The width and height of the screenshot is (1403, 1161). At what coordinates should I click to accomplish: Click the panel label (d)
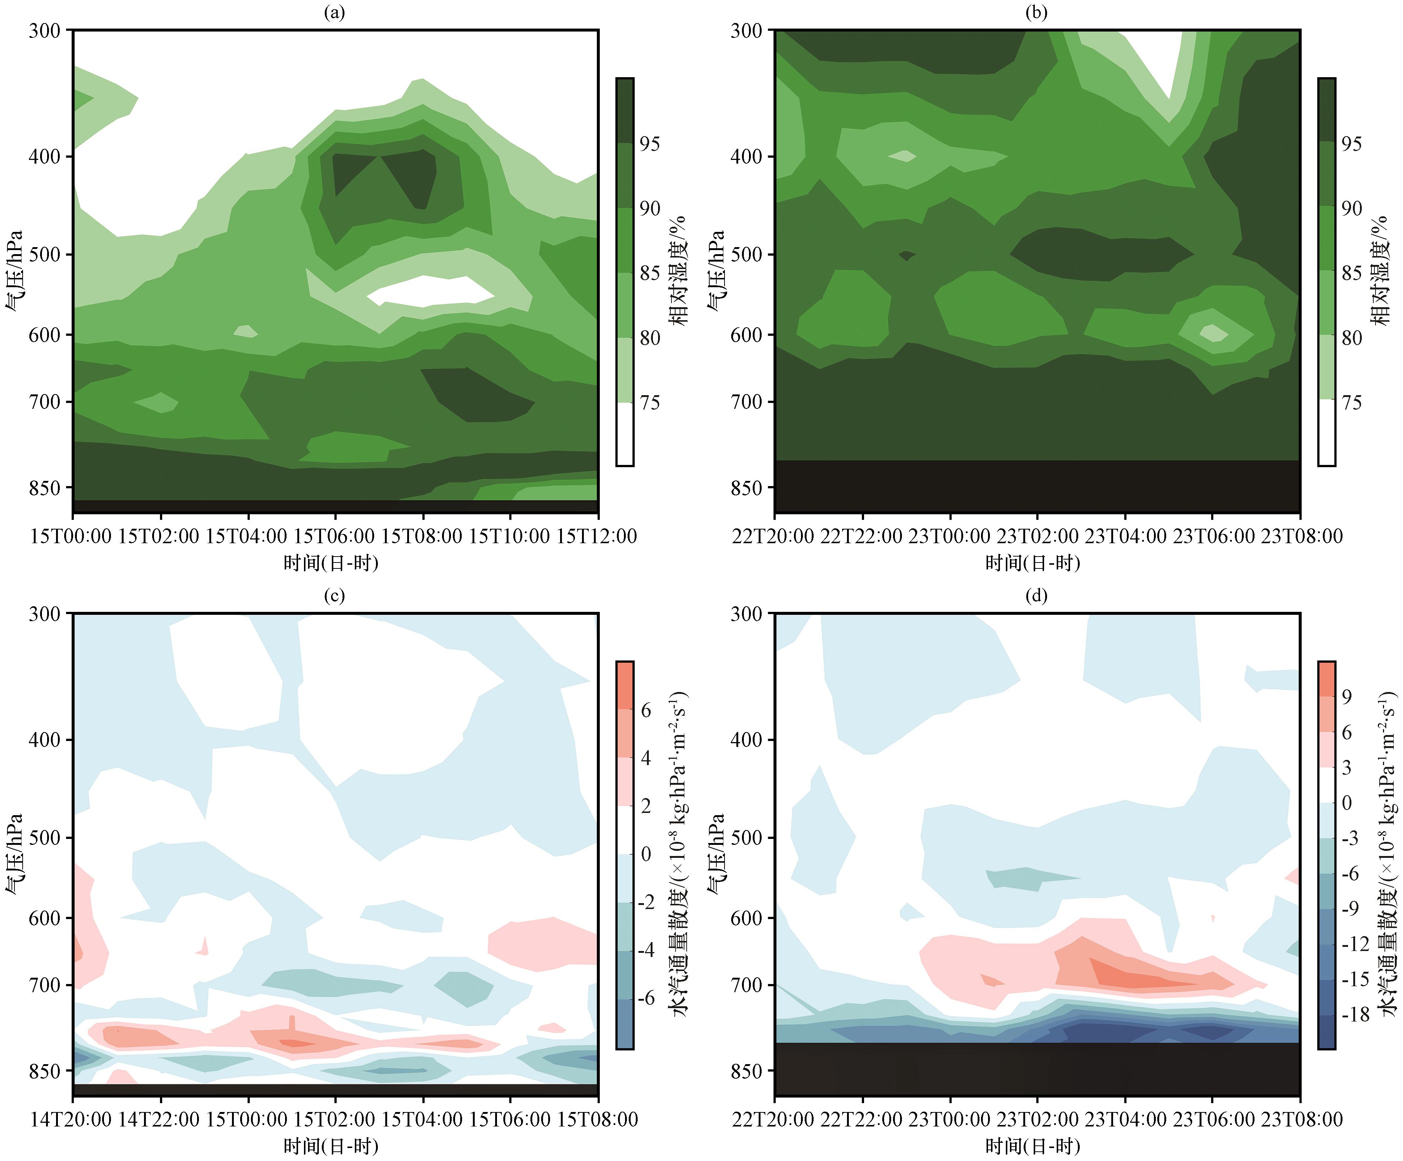click(x=1036, y=595)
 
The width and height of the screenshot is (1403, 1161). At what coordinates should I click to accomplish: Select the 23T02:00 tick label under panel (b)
click(x=1037, y=536)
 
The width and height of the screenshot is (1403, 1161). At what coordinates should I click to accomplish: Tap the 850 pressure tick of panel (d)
click(x=746, y=1071)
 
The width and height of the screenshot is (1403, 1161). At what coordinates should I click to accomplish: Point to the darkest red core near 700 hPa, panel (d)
click(x=1136, y=979)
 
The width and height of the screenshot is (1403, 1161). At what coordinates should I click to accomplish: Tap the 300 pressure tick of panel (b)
click(x=746, y=31)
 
